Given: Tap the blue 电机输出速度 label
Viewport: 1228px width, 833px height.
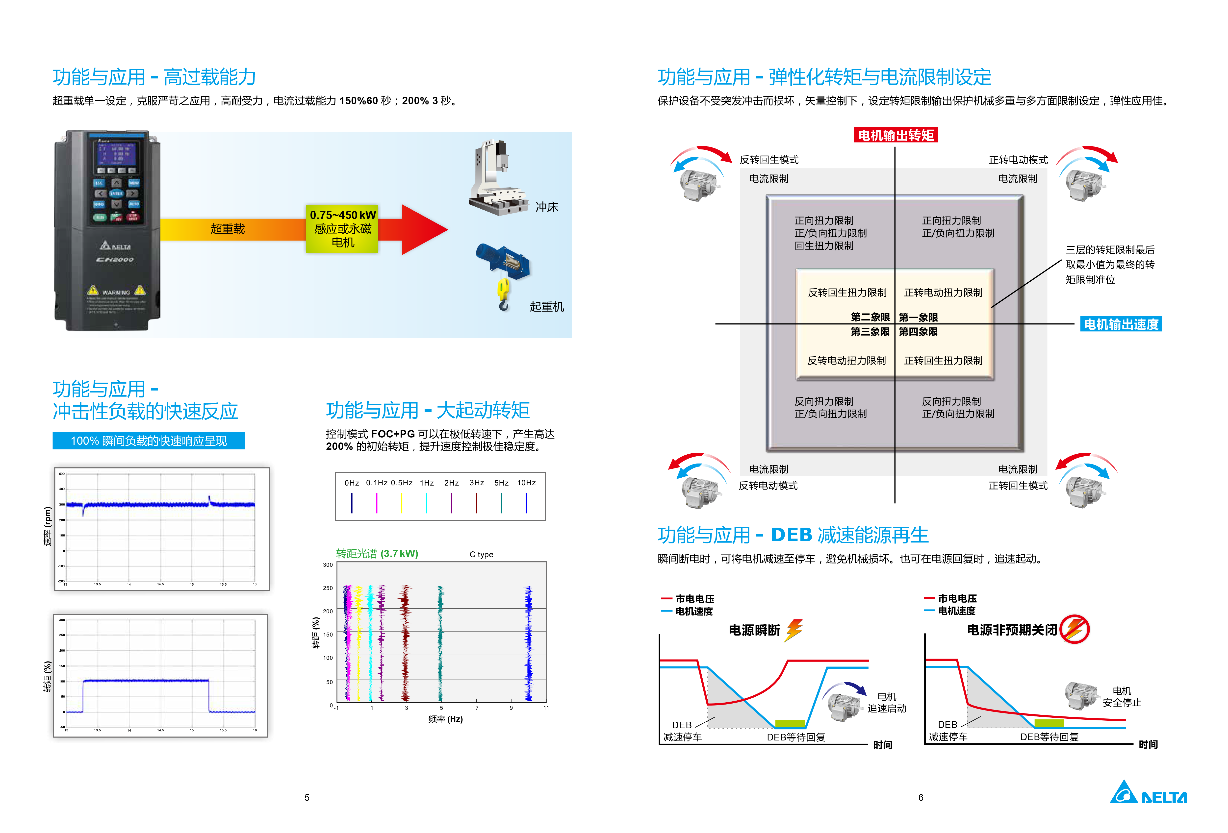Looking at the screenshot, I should coord(1121,324).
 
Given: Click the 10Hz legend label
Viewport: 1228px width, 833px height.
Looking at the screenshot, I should coord(526,483).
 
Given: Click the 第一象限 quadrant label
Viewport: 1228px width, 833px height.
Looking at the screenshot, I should coord(918,318).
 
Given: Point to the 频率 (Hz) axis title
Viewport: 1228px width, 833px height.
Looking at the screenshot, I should coord(445,719).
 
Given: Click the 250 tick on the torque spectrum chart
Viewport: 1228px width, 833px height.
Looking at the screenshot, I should coord(328,588).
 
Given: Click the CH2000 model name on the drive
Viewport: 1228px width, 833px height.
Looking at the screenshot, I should coord(115,259).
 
